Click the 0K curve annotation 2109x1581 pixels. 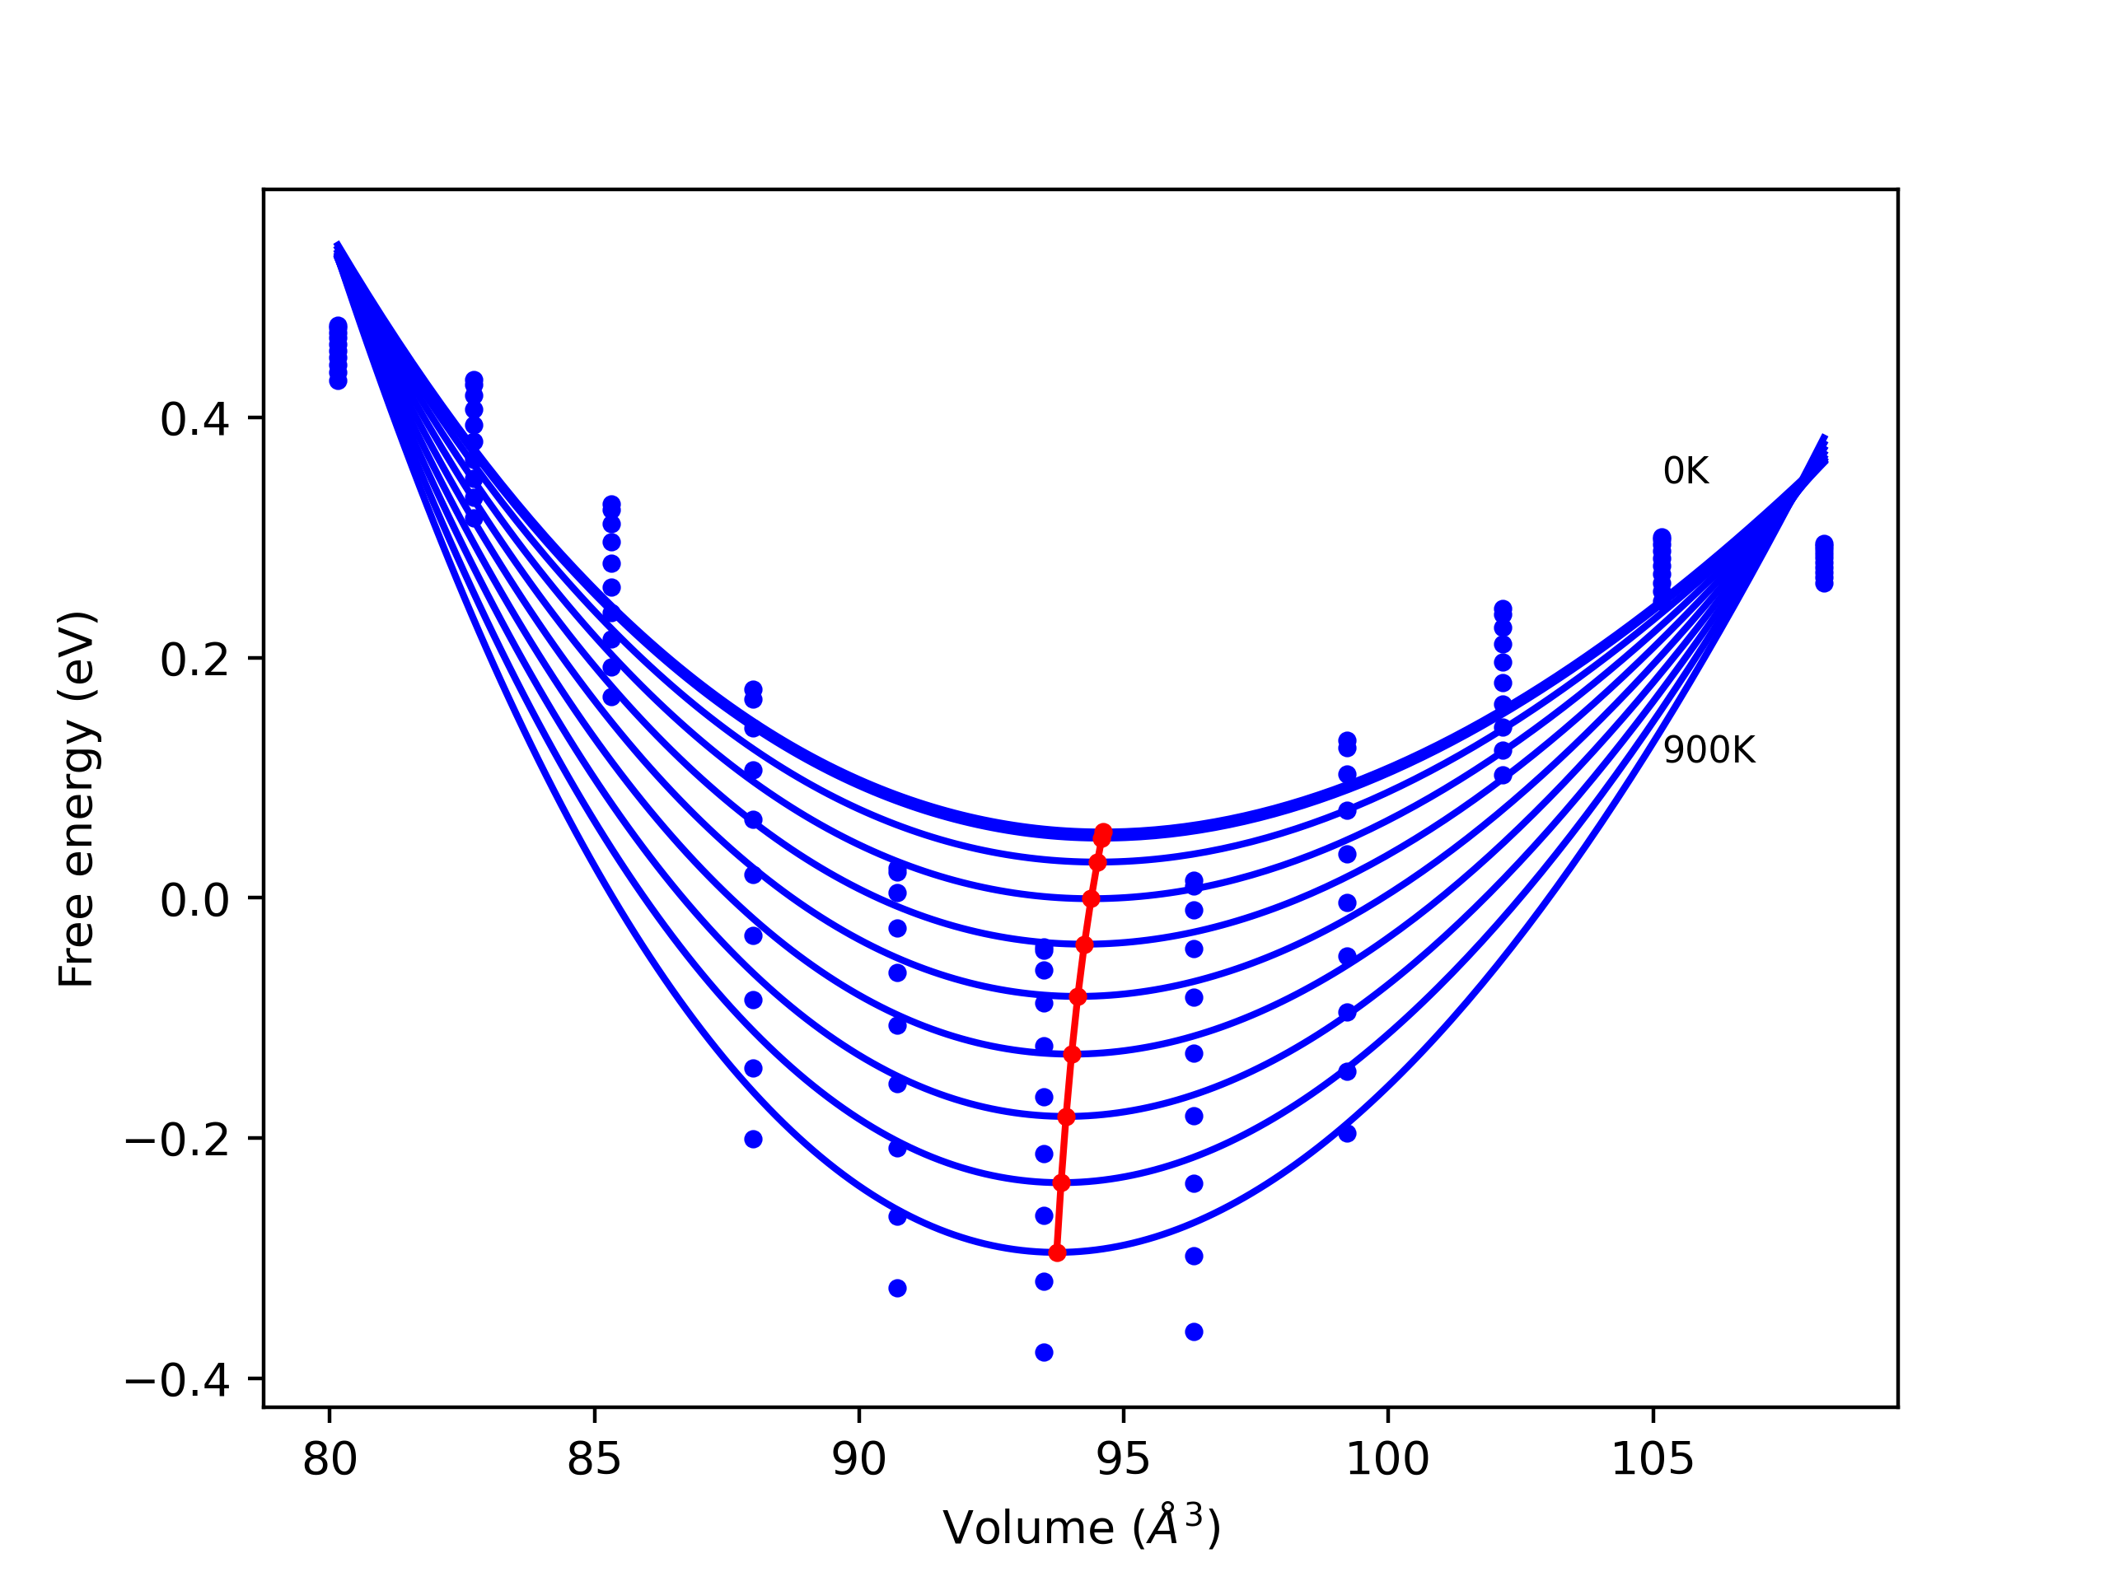[1685, 472]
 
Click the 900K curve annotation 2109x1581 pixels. [1709, 751]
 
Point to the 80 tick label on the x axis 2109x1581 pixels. [330, 1460]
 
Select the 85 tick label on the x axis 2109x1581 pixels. [594, 1460]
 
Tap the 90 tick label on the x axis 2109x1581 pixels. [858, 1460]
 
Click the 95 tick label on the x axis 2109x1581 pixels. [1123, 1460]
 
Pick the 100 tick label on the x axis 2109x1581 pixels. [1387, 1460]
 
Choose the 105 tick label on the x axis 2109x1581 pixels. [1653, 1460]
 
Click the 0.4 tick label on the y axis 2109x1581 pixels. [194, 420]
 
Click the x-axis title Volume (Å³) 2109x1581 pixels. [1081, 1527]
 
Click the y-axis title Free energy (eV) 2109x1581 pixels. [77, 799]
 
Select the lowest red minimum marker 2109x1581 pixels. [1056, 1252]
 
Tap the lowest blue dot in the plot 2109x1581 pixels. [1044, 1352]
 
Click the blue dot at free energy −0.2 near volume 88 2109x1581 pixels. [753, 1139]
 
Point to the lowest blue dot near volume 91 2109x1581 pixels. [897, 1289]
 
